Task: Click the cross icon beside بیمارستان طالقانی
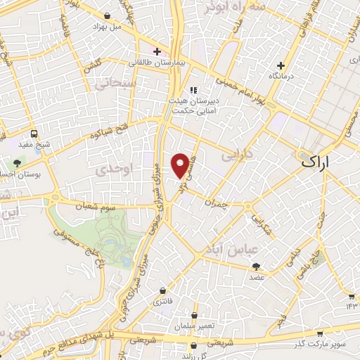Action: (x=157, y=51)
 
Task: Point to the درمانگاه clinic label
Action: (x=281, y=75)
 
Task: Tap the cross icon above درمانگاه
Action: (x=281, y=65)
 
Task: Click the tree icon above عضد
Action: (x=255, y=266)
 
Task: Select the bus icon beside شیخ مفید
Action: (x=34, y=134)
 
